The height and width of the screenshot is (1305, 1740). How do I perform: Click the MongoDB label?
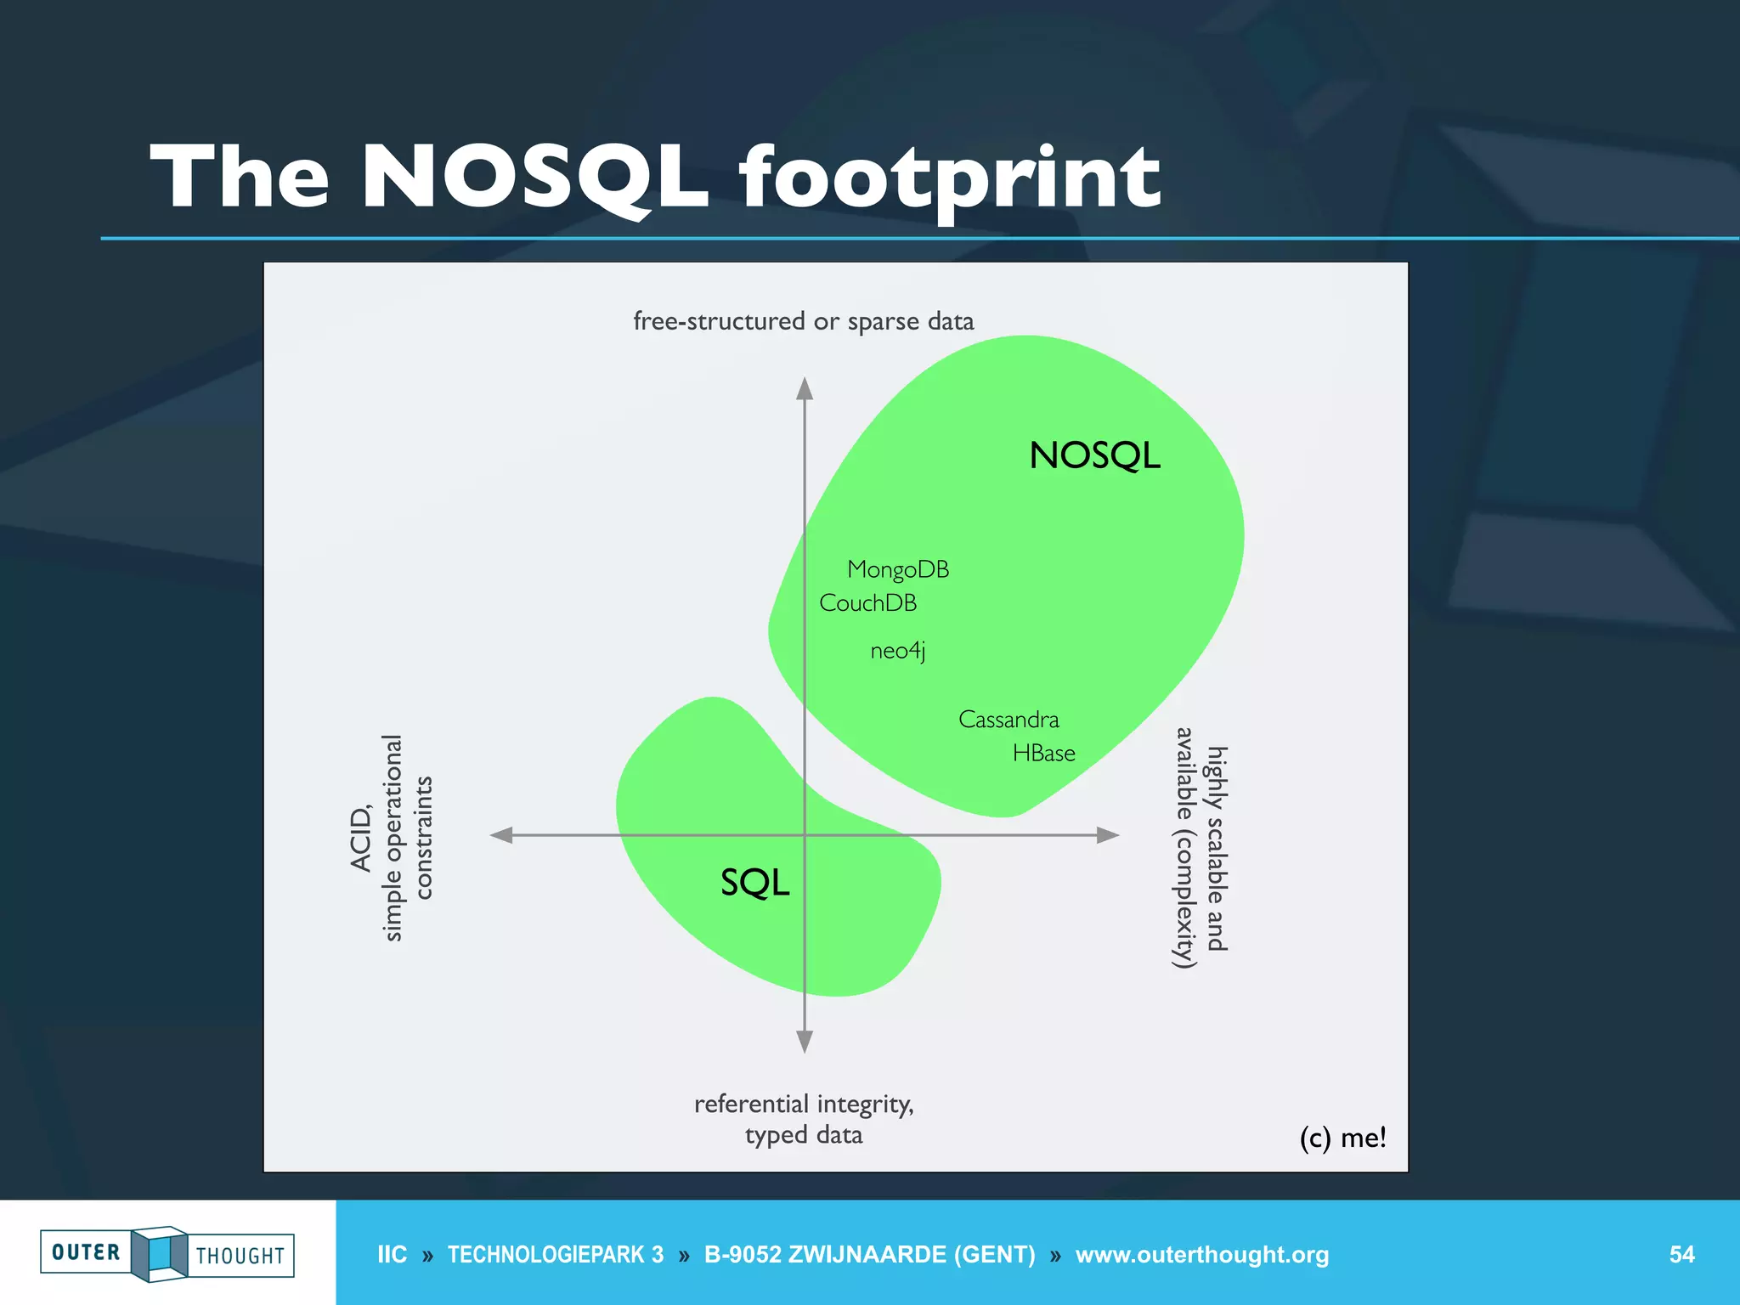tap(898, 569)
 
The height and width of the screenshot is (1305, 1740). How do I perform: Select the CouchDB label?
tap(867, 603)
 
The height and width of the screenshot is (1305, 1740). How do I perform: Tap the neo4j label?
tap(897, 651)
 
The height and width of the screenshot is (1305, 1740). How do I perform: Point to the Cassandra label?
tap(1008, 720)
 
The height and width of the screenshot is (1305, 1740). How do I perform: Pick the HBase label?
tap(1043, 754)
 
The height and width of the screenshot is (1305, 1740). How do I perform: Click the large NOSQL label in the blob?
tap(1094, 455)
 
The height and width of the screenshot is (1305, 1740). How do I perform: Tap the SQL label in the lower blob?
tap(754, 883)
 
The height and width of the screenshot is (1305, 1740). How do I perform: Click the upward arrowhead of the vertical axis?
tap(805, 389)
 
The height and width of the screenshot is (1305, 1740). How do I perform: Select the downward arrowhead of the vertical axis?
tap(805, 1042)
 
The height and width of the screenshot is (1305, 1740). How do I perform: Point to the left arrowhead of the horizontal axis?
tap(502, 835)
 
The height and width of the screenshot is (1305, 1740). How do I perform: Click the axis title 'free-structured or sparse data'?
tap(803, 321)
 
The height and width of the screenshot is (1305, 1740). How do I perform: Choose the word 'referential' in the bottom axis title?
tap(751, 1104)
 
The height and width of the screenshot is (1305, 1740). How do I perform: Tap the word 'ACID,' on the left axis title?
tap(361, 839)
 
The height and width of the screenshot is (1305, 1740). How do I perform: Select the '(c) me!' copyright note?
tap(1342, 1137)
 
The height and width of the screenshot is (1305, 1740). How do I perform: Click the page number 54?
tap(1681, 1254)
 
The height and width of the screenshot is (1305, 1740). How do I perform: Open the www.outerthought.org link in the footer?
tap(1201, 1254)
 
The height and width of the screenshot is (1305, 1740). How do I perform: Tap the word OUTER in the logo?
tap(86, 1252)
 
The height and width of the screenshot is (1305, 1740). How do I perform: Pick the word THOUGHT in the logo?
tap(240, 1256)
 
